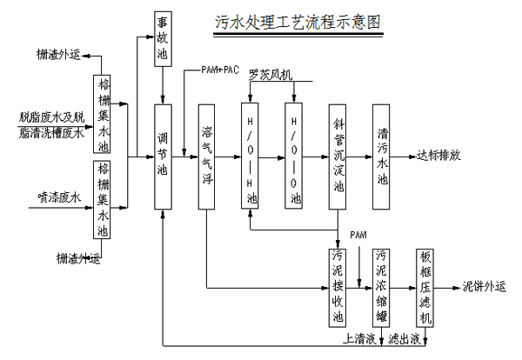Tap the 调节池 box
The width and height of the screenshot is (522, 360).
[x=163, y=156]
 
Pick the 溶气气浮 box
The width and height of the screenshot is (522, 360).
[x=206, y=156]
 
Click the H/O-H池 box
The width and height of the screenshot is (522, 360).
[x=251, y=156]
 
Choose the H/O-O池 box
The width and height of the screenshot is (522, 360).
[x=295, y=156]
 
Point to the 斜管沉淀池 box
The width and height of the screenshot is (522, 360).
[x=338, y=156]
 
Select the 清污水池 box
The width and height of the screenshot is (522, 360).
[x=381, y=156]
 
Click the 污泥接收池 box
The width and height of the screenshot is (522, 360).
[x=338, y=287]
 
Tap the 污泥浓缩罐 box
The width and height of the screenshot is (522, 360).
[x=381, y=287]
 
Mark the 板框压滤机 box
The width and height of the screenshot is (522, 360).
[x=425, y=287]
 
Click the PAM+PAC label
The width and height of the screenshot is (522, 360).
[x=219, y=70]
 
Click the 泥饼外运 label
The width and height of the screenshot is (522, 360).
[x=484, y=286]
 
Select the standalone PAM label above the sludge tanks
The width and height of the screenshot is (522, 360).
[x=359, y=236]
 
